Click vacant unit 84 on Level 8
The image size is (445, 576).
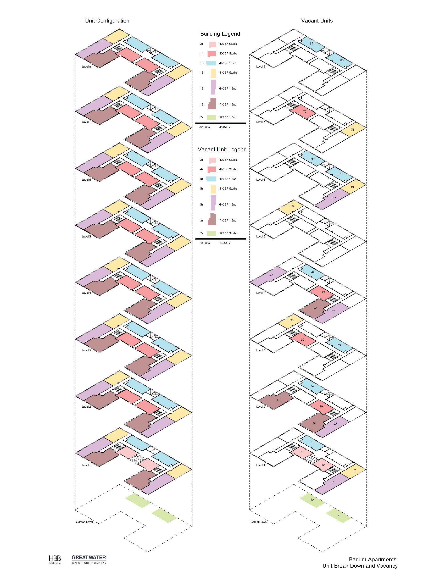pyautogui.click(x=311, y=43)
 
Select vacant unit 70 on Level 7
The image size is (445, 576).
pyautogui.click(x=304, y=112)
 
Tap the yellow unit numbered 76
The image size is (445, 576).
pyautogui.click(x=353, y=130)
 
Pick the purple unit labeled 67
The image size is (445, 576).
pyautogui.click(x=334, y=198)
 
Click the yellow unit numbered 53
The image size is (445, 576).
pyautogui.click(x=292, y=206)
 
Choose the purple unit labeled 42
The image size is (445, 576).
pyautogui.click(x=271, y=275)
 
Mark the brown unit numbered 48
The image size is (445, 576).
pyautogui.click(x=315, y=308)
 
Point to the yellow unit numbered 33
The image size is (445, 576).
pyautogui.click(x=292, y=320)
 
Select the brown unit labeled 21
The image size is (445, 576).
pyautogui.click(x=278, y=400)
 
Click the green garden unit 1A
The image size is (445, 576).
pyautogui.click(x=312, y=500)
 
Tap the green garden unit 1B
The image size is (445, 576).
pyautogui.click(x=340, y=516)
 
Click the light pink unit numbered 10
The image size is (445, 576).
pyautogui.click(x=323, y=465)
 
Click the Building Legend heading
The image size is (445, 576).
pyautogui.click(x=220, y=34)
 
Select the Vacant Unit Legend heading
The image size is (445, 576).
pyautogui.click(x=222, y=149)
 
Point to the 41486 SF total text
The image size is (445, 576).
pyautogui.click(x=225, y=127)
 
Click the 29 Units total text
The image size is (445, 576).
pyautogui.click(x=205, y=243)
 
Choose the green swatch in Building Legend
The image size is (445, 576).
pyautogui.click(x=212, y=117)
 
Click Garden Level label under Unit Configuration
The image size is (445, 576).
pyautogui.click(x=84, y=522)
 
